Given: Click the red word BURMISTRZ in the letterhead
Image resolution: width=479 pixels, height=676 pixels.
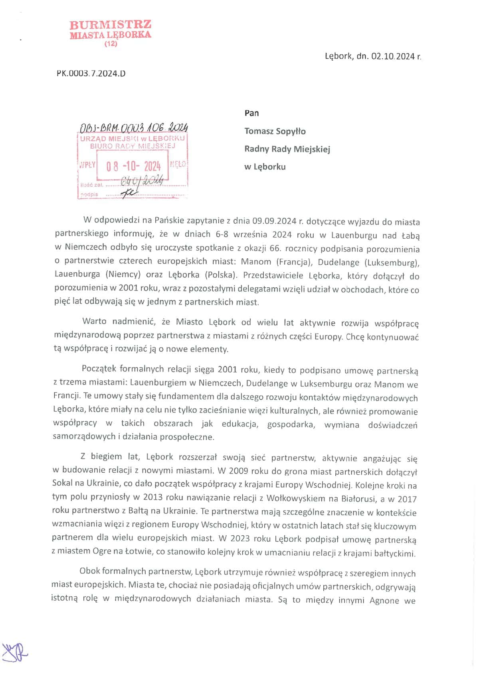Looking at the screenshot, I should tap(110, 25).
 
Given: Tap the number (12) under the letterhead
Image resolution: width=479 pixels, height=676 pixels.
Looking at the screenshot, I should tap(111, 44).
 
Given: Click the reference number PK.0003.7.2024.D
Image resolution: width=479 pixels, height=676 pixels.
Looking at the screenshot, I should tap(91, 73).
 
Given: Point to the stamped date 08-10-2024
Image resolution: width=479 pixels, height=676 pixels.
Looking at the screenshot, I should tap(133, 166).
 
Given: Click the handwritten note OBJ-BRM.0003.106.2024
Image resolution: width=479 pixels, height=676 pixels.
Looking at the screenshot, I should tap(134, 128).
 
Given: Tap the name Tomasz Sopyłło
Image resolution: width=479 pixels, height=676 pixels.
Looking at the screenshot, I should tap(275, 131).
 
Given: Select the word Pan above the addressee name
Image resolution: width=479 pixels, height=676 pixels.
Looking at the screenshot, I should tap(251, 113).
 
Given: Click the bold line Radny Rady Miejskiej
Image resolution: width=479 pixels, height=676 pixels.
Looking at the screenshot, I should tap(287, 149).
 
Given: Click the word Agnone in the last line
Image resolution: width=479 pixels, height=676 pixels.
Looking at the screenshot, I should tap(384, 600).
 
